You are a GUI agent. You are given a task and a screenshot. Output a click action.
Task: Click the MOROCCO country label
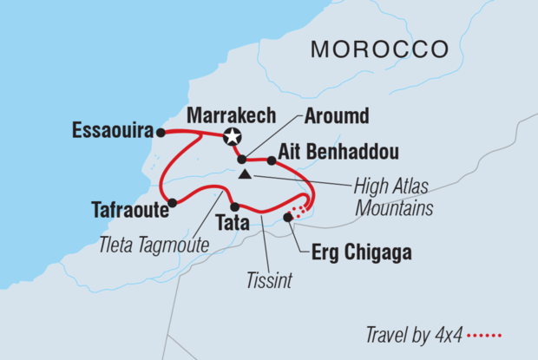(x=379, y=48)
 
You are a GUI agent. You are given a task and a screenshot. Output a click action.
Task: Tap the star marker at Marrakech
(x=232, y=135)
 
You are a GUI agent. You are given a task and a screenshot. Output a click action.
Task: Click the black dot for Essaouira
(x=161, y=133)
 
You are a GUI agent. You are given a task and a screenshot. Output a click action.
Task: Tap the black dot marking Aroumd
(x=241, y=160)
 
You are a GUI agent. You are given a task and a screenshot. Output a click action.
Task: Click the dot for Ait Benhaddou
(x=272, y=160)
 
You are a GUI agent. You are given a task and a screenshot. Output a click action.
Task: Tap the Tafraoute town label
(x=128, y=208)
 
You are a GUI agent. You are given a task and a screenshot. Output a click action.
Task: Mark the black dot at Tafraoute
(x=173, y=203)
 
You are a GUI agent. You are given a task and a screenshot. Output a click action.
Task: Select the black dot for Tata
(x=234, y=206)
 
